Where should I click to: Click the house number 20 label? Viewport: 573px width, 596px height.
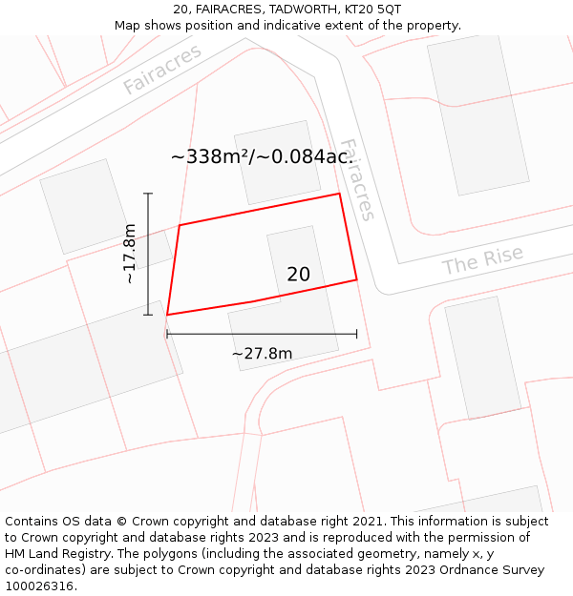point(298,275)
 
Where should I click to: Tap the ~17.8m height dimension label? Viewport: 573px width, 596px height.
point(130,254)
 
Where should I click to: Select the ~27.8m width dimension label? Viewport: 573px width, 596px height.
point(262,354)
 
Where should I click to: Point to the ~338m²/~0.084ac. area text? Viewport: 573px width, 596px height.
point(263,156)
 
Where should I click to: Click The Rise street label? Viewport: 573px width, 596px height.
point(482,260)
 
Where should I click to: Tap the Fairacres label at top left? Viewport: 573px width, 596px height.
point(162,70)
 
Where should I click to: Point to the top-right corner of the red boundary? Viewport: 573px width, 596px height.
point(339,195)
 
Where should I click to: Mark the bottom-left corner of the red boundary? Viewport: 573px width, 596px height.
point(167,315)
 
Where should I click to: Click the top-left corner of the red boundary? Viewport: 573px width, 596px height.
point(180,225)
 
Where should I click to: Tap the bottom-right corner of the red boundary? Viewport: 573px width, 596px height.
point(356,279)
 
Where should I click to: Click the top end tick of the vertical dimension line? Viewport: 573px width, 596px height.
point(148,194)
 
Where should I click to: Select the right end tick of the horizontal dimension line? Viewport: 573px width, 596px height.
point(356,334)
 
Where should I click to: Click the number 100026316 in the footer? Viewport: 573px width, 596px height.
point(41,586)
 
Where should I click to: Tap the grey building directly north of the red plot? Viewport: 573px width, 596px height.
point(277,162)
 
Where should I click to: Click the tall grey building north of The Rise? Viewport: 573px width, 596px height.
point(477,114)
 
